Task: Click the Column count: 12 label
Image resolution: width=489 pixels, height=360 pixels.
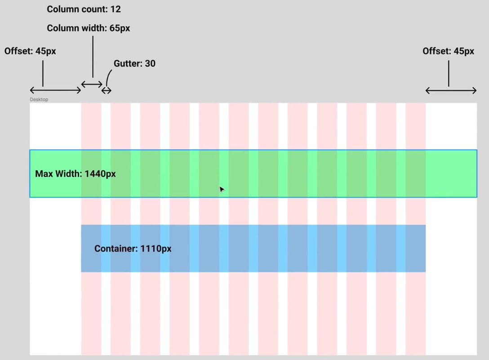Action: coord(84,9)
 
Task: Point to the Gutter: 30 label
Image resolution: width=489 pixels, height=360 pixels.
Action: coord(134,63)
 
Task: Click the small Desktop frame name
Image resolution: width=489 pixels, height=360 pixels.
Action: coord(39,99)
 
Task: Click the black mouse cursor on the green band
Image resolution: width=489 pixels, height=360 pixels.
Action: coord(221,189)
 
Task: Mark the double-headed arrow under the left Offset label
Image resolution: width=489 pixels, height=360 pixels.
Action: coord(55,90)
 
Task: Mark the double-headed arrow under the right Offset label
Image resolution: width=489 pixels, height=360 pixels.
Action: coord(451,91)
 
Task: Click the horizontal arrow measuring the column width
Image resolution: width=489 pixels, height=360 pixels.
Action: coord(92,84)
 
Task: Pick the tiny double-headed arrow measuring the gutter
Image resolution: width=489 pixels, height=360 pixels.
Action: coord(106,91)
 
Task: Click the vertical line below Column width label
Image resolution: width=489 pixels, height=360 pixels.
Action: coord(93,57)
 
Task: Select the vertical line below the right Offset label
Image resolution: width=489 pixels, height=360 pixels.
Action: coord(449,73)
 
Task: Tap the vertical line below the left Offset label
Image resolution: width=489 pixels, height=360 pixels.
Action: coord(43,73)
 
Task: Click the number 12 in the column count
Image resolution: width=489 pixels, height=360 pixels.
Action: coord(116,9)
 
